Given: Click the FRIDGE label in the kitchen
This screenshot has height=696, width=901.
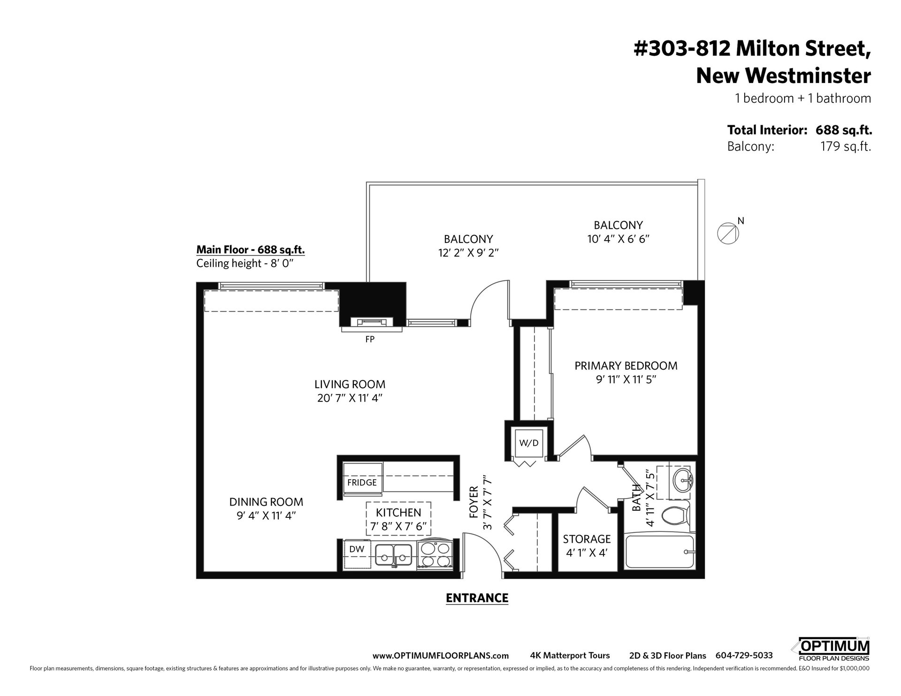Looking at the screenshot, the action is point(362,483).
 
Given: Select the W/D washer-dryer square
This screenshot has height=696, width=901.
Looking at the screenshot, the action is point(529,443).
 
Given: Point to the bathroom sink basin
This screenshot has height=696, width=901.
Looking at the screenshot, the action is point(681,481).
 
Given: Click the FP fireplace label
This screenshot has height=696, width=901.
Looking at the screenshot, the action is point(370,339).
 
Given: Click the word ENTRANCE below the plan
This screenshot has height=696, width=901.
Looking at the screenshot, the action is point(477,598).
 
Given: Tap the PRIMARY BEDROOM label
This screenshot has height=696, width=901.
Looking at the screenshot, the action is point(626,366).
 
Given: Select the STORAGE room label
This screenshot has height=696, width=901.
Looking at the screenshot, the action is point(587,539).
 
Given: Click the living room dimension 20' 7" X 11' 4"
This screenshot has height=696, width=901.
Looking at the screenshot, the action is point(350,398).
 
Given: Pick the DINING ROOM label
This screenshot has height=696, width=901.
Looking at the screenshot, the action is point(266,502).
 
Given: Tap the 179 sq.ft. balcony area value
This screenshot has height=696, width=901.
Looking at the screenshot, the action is point(846,147).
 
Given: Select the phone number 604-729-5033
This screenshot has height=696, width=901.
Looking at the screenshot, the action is point(744,656).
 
